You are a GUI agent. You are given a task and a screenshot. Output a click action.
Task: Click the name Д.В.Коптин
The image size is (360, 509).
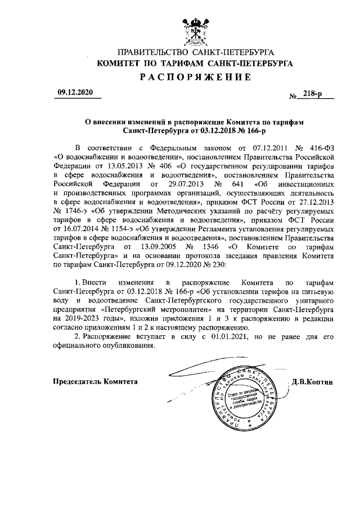[x=312, y=381]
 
